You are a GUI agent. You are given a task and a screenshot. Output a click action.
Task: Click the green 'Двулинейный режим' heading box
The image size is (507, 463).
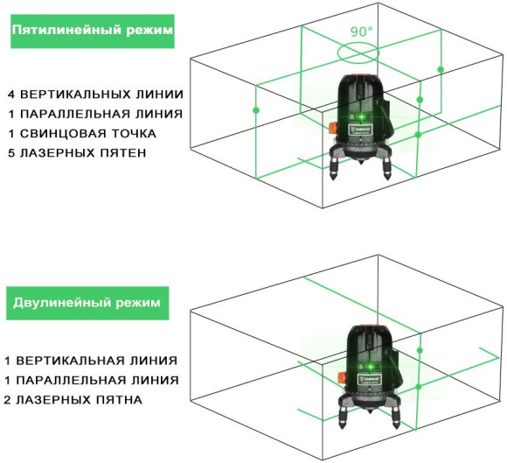[x=87, y=303]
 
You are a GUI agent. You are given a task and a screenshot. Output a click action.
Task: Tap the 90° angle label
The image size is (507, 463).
[x=361, y=31]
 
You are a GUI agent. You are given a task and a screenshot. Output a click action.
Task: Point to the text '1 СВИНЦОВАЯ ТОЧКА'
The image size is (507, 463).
[x=82, y=134]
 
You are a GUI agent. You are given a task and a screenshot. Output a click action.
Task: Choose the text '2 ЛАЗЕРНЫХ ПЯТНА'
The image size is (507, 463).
[x=73, y=400]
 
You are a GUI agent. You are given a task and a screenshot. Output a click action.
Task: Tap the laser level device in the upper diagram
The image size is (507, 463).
[x=361, y=123]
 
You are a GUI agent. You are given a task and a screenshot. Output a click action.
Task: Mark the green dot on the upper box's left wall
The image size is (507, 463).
[x=256, y=110]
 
